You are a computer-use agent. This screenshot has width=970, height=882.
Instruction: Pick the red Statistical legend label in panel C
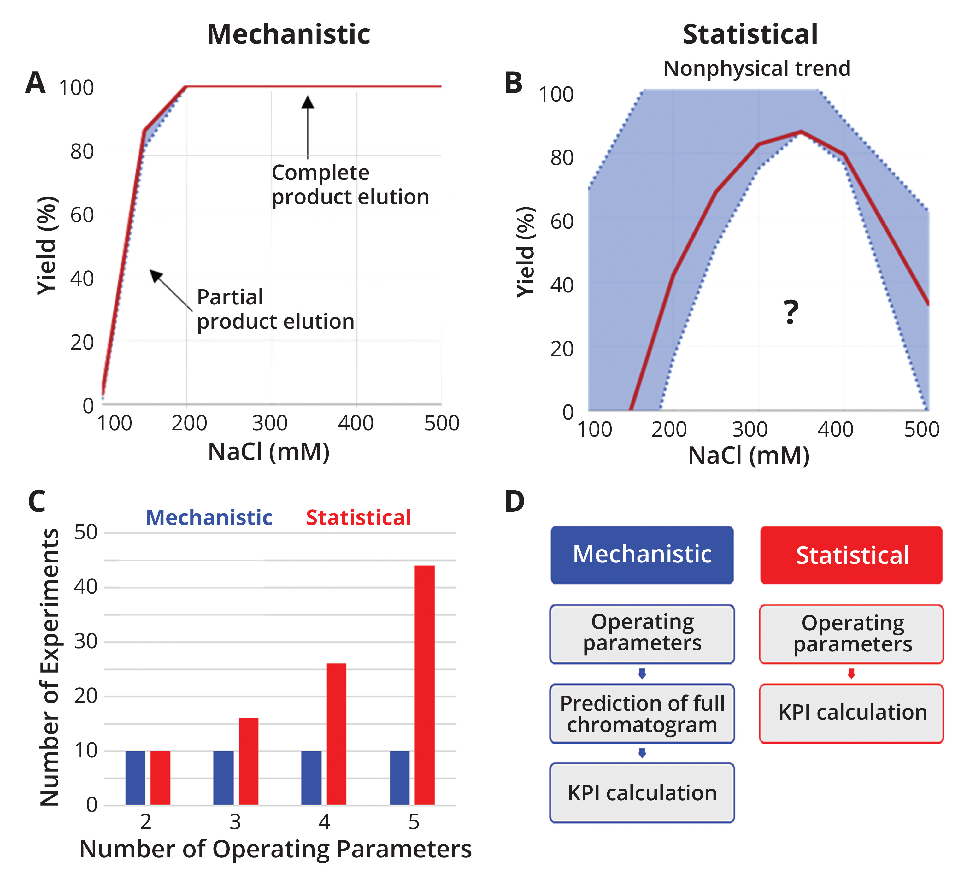(x=358, y=518)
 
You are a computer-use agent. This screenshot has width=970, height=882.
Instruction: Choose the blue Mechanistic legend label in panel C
(x=209, y=518)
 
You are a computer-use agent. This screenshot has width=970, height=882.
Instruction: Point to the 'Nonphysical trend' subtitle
(x=757, y=68)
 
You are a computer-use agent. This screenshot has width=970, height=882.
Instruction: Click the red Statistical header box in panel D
(x=851, y=555)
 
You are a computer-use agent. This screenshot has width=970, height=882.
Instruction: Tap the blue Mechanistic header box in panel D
(x=642, y=555)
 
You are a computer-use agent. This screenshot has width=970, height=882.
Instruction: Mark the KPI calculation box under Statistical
(x=851, y=713)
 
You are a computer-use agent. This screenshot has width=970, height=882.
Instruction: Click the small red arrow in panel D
(x=851, y=674)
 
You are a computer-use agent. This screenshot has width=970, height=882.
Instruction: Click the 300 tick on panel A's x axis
(x=270, y=423)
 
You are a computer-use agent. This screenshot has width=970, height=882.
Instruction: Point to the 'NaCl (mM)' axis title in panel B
(x=749, y=455)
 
